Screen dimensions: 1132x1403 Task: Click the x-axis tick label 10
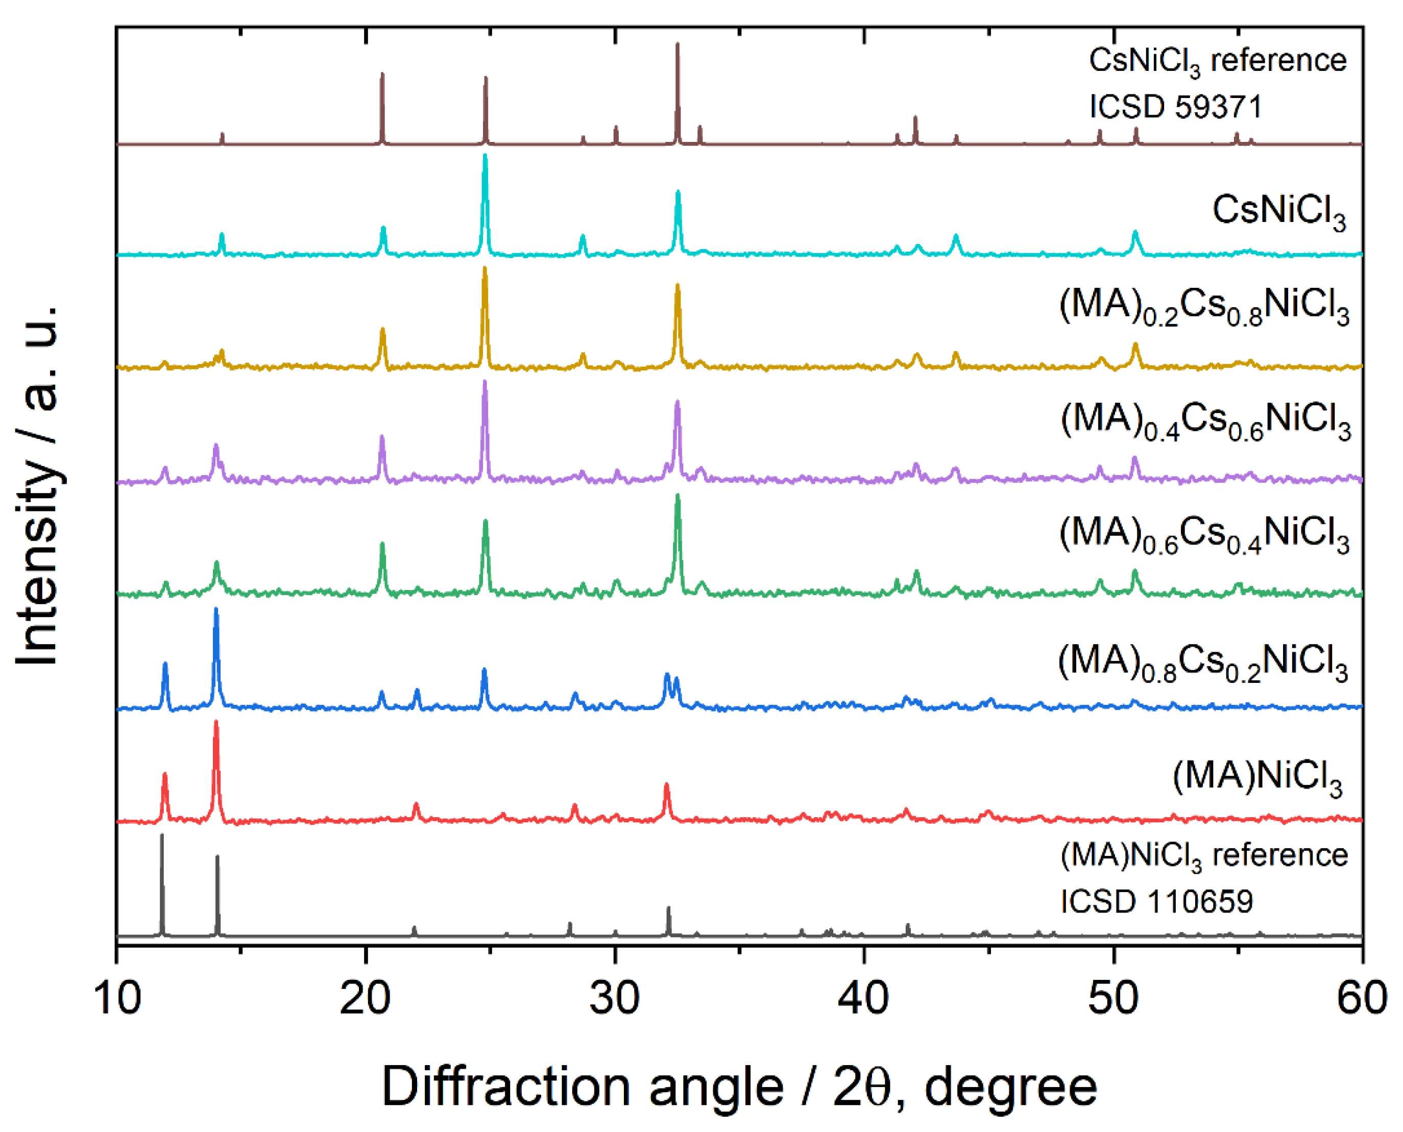point(117,998)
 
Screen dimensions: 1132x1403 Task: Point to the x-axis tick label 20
point(365,998)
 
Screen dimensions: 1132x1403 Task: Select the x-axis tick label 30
point(614,998)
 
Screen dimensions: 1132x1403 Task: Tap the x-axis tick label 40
point(863,998)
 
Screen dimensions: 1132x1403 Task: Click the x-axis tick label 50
point(1112,998)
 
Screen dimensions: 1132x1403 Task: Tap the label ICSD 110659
point(1156,902)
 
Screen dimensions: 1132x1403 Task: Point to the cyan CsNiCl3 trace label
point(1278,212)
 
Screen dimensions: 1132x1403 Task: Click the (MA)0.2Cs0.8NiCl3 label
point(1204,306)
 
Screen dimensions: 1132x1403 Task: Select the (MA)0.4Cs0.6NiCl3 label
point(1205,421)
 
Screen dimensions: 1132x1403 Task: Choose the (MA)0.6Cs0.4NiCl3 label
point(1204,535)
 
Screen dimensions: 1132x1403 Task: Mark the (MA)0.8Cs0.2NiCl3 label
point(1203,663)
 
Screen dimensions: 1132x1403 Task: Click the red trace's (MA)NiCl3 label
point(1257,778)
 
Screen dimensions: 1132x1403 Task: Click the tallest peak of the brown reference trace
point(677,44)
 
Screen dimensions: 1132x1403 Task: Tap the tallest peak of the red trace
point(216,723)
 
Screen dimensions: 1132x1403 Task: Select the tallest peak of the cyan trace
point(485,157)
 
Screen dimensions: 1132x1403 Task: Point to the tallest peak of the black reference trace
point(162,836)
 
